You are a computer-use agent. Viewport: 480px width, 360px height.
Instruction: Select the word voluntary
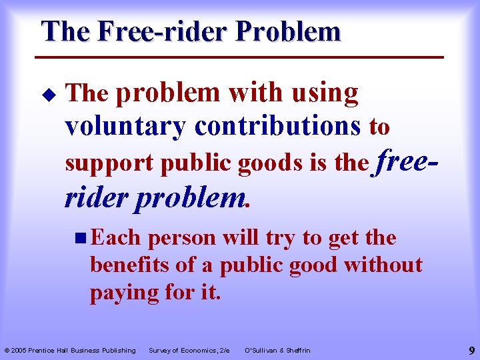125,126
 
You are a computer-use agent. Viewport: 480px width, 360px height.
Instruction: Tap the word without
383,265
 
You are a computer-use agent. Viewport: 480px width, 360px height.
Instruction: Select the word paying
125,292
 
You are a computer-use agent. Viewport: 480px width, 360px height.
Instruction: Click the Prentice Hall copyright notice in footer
70,350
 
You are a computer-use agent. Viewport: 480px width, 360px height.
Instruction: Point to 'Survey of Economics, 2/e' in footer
189,350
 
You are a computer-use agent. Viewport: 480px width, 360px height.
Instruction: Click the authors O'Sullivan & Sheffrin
277,350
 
